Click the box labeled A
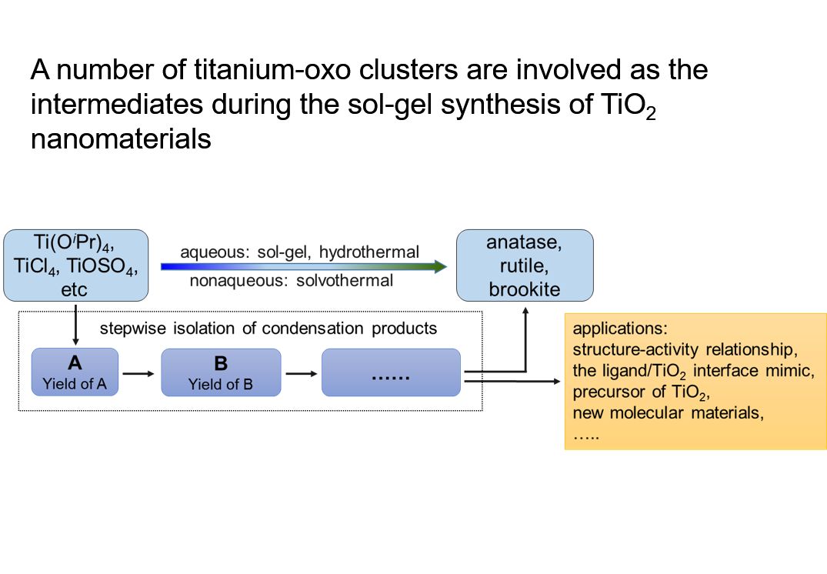75,372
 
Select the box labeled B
220,372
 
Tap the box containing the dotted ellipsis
391,373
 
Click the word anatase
524,243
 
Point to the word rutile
524,266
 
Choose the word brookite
524,289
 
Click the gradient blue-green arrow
303,267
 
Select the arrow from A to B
139,374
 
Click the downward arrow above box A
75,323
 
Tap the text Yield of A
75,383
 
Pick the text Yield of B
220,384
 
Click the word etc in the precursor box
75,289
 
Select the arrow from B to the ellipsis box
302,374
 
